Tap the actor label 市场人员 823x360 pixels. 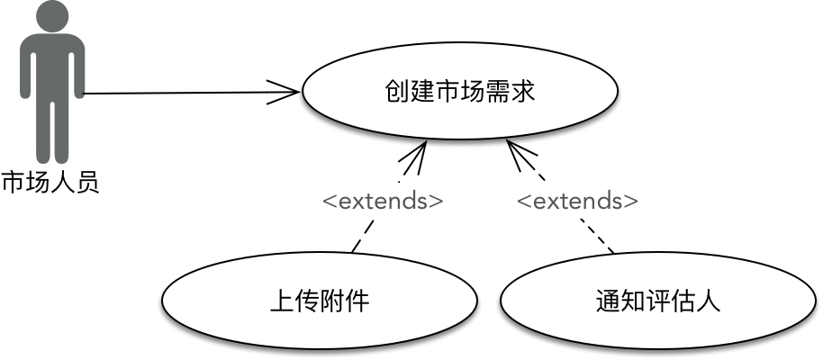tap(50, 184)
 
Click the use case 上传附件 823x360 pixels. tap(320, 300)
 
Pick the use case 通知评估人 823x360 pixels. tap(658, 300)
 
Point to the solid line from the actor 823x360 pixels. tap(180, 92)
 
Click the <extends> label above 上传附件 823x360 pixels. tap(383, 201)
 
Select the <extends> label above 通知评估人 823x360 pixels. tap(577, 201)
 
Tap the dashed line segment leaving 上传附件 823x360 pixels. tap(360, 238)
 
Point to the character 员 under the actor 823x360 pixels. tap(86, 184)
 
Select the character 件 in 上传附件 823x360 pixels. tap(357, 301)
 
